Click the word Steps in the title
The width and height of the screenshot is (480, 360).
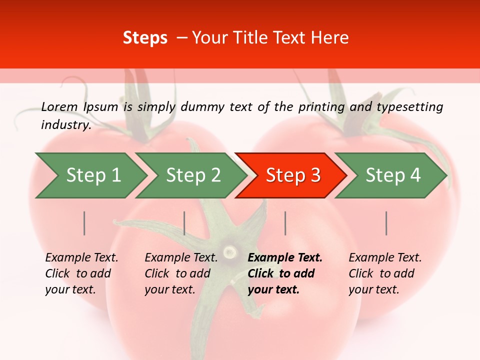coord(145,37)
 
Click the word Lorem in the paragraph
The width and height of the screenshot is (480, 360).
coord(59,106)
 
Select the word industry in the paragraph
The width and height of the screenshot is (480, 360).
coord(65,125)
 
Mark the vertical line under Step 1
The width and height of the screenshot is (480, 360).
coord(84,223)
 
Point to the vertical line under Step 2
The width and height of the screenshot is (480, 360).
coord(184,223)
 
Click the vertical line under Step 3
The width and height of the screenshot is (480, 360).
coord(285,223)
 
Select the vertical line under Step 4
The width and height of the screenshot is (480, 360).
coord(386,223)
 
